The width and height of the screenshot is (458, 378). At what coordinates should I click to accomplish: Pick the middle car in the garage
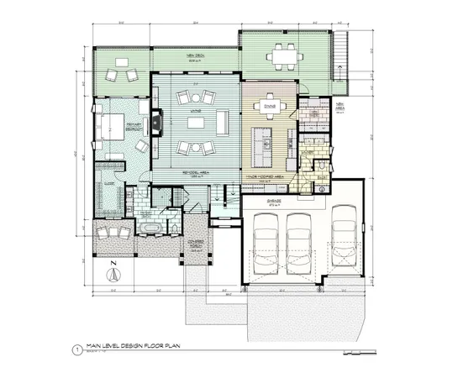[299, 237]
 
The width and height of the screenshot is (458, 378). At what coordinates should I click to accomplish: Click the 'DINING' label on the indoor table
[271, 106]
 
